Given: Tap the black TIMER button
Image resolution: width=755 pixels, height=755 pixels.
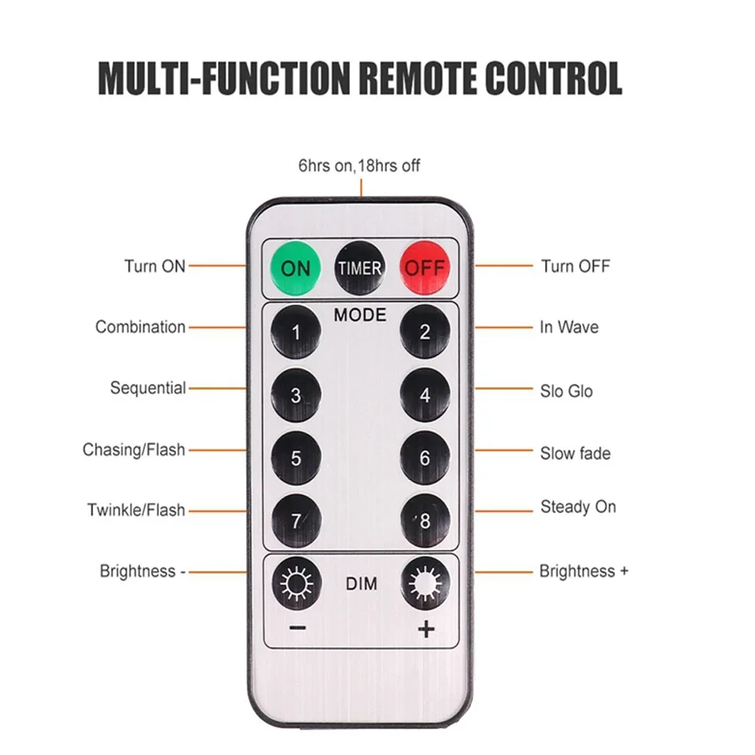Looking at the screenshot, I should [359, 267].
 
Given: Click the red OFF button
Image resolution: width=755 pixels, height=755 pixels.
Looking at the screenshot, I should [425, 267].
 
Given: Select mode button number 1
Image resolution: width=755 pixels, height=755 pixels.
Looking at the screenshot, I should [296, 332].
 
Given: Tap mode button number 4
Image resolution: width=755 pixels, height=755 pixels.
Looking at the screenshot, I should [425, 395].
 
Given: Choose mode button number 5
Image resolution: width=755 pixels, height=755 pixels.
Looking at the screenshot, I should [296, 458].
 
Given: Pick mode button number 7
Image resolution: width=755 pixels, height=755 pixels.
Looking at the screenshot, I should [296, 521].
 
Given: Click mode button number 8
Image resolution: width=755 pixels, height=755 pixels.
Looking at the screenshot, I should [425, 521].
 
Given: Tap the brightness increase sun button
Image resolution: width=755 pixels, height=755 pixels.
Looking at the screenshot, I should [425, 584].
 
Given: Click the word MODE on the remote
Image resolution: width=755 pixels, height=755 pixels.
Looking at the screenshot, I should [360, 315].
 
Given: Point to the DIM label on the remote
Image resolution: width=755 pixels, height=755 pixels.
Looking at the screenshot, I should [361, 584].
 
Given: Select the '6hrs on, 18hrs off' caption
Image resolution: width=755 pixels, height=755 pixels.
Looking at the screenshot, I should [359, 166].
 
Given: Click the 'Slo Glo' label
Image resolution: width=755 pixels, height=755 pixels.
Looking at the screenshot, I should [566, 391].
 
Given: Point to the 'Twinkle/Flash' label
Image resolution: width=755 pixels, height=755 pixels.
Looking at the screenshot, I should [136, 510].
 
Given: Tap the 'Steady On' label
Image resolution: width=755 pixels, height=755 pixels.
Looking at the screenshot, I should [578, 507].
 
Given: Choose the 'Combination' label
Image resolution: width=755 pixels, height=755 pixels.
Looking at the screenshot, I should [141, 326].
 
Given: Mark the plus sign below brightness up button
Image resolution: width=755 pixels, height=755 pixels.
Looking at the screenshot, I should [426, 629].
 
